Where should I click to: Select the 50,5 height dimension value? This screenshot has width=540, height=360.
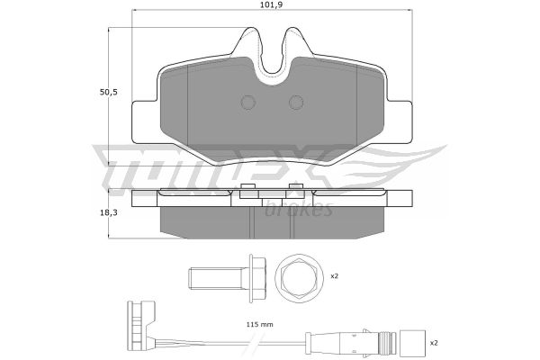(109, 93)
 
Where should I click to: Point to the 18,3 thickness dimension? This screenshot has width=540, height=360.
(109, 213)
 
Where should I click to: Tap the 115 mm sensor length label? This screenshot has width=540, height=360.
(260, 325)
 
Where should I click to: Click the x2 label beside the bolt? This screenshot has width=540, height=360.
(335, 276)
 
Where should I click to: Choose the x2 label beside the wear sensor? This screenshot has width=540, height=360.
(434, 343)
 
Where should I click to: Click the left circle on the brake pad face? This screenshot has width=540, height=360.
(247, 103)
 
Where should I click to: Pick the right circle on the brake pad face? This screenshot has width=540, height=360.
(296, 103)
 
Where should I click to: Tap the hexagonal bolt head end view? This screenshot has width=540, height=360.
(300, 278)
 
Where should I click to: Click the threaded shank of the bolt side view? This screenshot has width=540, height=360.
(215, 279)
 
